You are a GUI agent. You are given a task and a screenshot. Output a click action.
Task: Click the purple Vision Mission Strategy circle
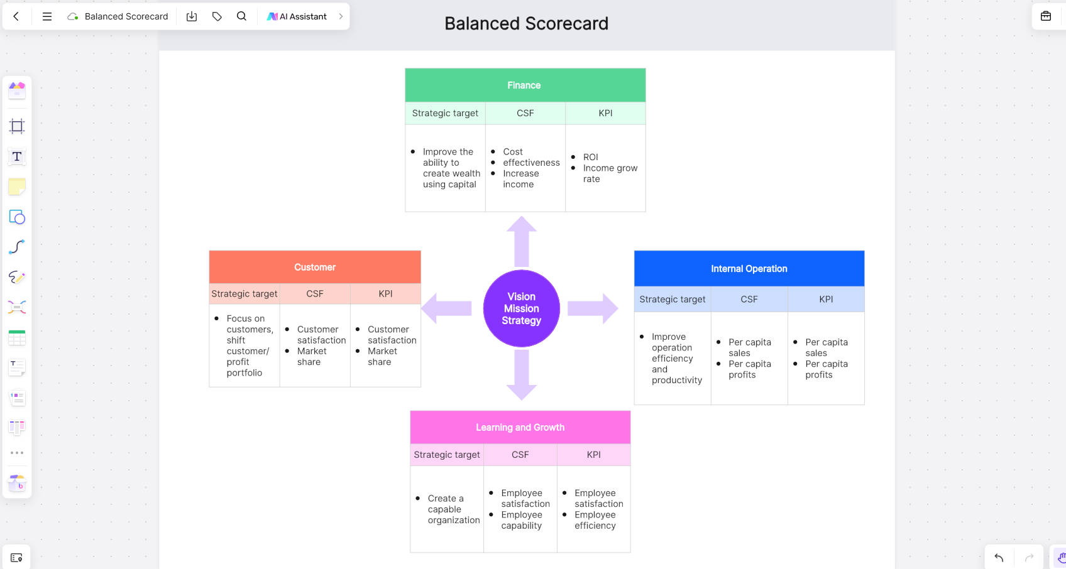521,308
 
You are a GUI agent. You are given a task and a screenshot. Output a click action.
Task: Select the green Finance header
525,85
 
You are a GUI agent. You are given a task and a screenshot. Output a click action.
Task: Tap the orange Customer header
314,267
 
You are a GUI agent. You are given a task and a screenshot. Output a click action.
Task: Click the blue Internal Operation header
749,269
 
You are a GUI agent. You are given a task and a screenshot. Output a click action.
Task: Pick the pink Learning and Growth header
520,427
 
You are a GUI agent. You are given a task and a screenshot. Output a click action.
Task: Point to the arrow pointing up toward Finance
522,242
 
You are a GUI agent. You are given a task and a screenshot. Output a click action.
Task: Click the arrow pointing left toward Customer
446,308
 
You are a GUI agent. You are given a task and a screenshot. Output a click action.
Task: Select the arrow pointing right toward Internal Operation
593,308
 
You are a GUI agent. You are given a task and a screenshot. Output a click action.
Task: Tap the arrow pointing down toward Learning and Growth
522,375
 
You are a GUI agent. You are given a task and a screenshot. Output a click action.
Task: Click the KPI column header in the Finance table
605,113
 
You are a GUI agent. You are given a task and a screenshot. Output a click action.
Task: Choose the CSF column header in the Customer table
314,294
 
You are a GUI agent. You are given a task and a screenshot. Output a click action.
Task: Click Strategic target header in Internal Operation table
673,299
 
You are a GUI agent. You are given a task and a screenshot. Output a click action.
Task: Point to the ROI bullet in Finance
591,157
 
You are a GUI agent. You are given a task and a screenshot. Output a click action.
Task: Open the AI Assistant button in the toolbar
297,16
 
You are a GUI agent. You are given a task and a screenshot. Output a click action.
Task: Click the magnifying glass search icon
242,16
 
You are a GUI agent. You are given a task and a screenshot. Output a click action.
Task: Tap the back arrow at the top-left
16,16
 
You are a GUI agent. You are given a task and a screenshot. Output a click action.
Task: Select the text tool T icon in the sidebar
16,156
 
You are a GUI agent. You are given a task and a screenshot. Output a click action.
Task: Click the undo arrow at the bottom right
999,558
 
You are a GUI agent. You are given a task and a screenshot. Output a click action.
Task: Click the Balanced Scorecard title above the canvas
526,23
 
